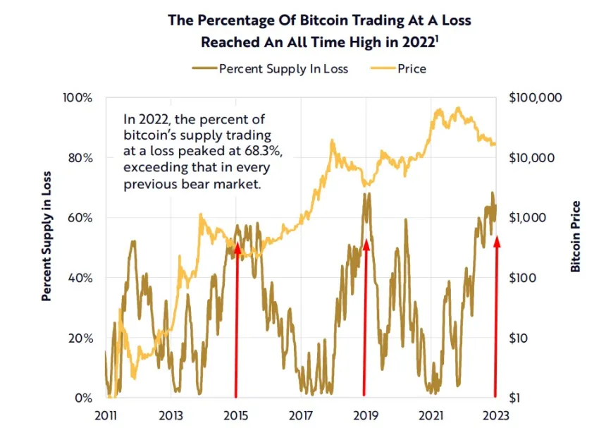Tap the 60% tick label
80,217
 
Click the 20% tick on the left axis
80,338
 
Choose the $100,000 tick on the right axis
535,97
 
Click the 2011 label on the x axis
105,415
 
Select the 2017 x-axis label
301,415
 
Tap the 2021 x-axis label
431,415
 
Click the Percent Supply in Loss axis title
47,236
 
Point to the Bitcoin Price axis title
576,236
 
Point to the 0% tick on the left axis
82,398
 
